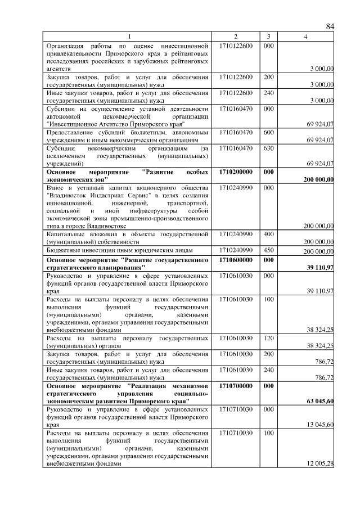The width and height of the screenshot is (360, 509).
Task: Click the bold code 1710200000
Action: click(236, 171)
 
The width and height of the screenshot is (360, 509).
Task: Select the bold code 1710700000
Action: click(236, 386)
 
